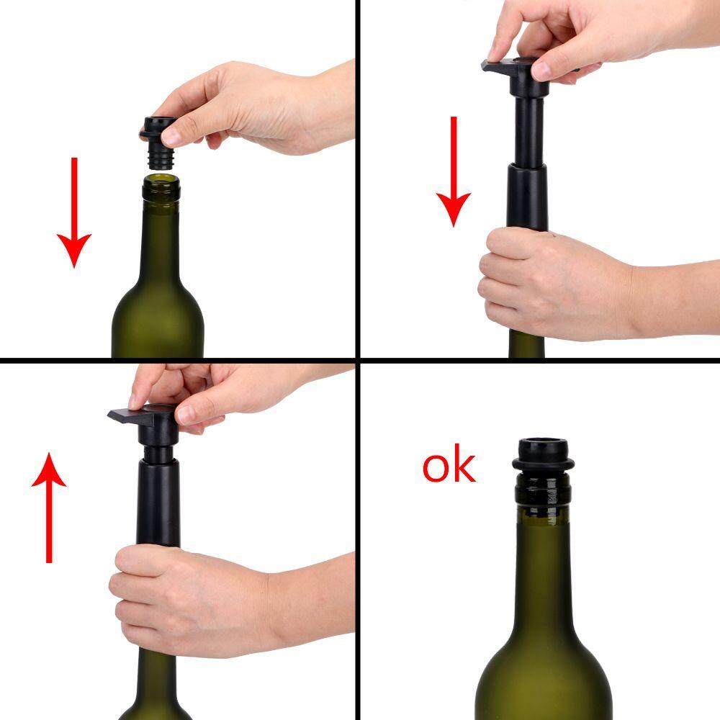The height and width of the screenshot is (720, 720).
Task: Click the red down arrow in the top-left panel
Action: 74,212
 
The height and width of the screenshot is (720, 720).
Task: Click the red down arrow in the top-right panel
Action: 454,171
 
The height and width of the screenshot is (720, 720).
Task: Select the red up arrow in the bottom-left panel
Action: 49,508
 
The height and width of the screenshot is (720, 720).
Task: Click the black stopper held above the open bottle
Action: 158,143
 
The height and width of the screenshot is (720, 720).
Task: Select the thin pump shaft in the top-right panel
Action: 529,132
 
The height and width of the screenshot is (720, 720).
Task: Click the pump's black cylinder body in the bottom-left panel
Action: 158,503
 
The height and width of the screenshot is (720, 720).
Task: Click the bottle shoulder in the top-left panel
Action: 158,317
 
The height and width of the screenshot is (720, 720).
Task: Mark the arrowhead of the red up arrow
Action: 49,469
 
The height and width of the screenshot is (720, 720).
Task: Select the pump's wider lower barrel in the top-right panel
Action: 527,197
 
